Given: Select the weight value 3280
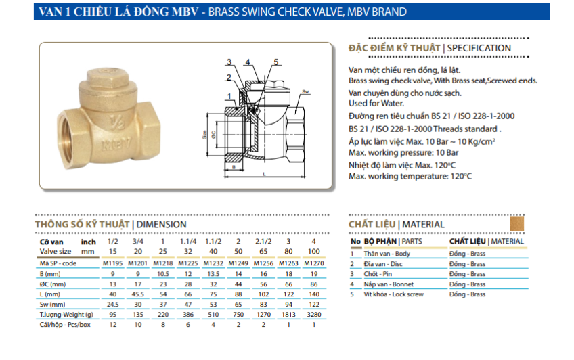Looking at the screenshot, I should point(313,315).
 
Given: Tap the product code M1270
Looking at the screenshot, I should point(313,263).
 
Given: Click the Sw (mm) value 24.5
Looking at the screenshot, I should point(113,305).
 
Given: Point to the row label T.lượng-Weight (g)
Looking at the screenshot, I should point(66,315).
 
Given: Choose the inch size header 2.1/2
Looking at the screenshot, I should point(263,242).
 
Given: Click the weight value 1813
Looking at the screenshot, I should point(288,315).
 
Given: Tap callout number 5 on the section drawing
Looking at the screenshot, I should point(276,62).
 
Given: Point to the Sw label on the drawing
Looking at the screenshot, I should point(305,91).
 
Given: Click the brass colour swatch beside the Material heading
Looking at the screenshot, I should point(516,223).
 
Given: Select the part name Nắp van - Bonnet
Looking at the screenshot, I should point(387,284).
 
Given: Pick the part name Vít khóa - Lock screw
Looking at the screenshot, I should point(393,294).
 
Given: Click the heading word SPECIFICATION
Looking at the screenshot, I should point(479,49).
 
